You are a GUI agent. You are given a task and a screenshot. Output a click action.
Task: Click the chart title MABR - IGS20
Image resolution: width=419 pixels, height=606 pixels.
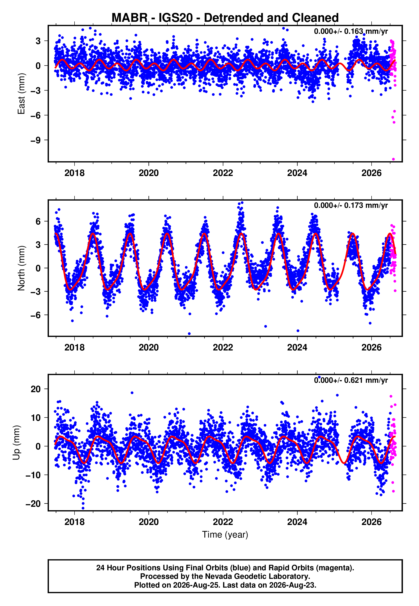coord(225,18)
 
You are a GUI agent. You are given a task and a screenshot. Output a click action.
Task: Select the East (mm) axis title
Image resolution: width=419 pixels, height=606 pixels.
coord(21,94)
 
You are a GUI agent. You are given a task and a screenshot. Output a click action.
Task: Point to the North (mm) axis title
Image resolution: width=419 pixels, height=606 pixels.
coord(21,268)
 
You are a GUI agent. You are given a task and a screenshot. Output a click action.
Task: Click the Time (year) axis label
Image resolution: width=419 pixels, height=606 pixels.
coord(225,535)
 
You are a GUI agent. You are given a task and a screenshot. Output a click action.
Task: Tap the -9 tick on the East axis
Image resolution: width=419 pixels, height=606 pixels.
coord(36,140)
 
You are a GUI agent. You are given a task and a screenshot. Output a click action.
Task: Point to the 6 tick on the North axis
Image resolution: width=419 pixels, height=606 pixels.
coord(38,221)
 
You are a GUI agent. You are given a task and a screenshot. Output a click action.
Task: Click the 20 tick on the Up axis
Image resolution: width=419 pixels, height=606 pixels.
coord(36,389)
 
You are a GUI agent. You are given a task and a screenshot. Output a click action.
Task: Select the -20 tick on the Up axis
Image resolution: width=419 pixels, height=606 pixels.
coord(33,504)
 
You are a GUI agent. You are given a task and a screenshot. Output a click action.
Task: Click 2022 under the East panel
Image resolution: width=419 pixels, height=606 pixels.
coord(223,173)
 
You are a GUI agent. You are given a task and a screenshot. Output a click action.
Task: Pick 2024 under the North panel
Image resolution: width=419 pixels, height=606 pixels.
coord(297,347)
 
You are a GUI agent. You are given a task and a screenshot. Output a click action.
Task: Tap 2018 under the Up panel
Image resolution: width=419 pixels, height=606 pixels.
coord(75,522)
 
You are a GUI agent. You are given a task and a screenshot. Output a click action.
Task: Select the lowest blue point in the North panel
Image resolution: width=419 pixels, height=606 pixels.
coord(189,334)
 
